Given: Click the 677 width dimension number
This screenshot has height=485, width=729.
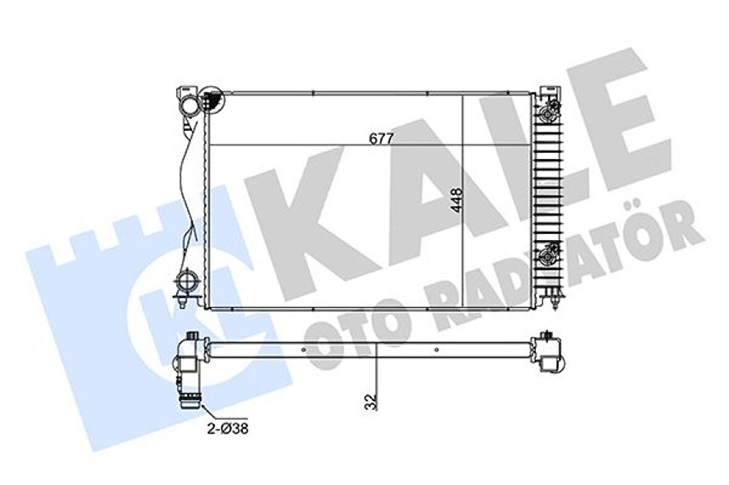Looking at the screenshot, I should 382,138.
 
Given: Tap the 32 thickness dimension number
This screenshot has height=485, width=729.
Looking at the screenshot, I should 369,402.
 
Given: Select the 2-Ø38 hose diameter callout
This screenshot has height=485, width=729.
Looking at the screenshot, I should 229,428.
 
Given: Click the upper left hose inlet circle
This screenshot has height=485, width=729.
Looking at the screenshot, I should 188,106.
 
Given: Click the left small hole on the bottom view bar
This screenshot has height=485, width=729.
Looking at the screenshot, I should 303,349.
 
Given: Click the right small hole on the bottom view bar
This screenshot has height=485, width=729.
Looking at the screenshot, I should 437,349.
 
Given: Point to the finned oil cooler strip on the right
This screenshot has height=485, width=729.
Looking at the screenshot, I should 547,185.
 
